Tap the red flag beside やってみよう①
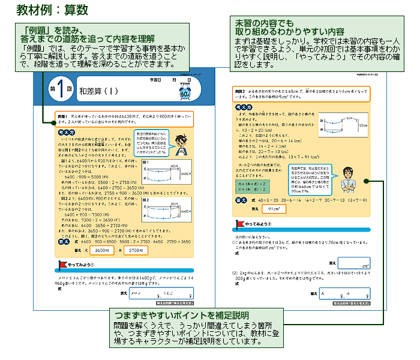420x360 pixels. (x=61, y=263)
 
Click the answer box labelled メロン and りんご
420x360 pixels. (x=160, y=293)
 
